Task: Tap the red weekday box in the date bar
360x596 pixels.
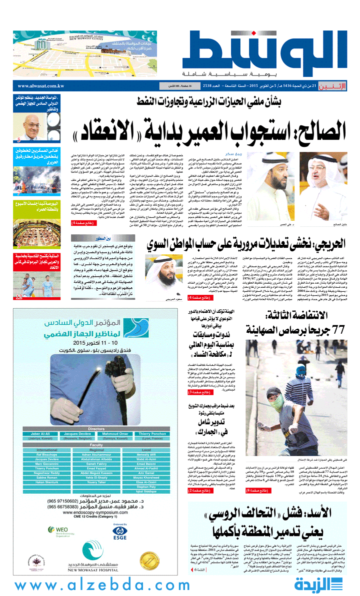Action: [x=332, y=86]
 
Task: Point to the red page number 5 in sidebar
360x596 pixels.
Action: [x=18, y=140]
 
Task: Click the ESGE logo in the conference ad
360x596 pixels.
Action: [x=119, y=530]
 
